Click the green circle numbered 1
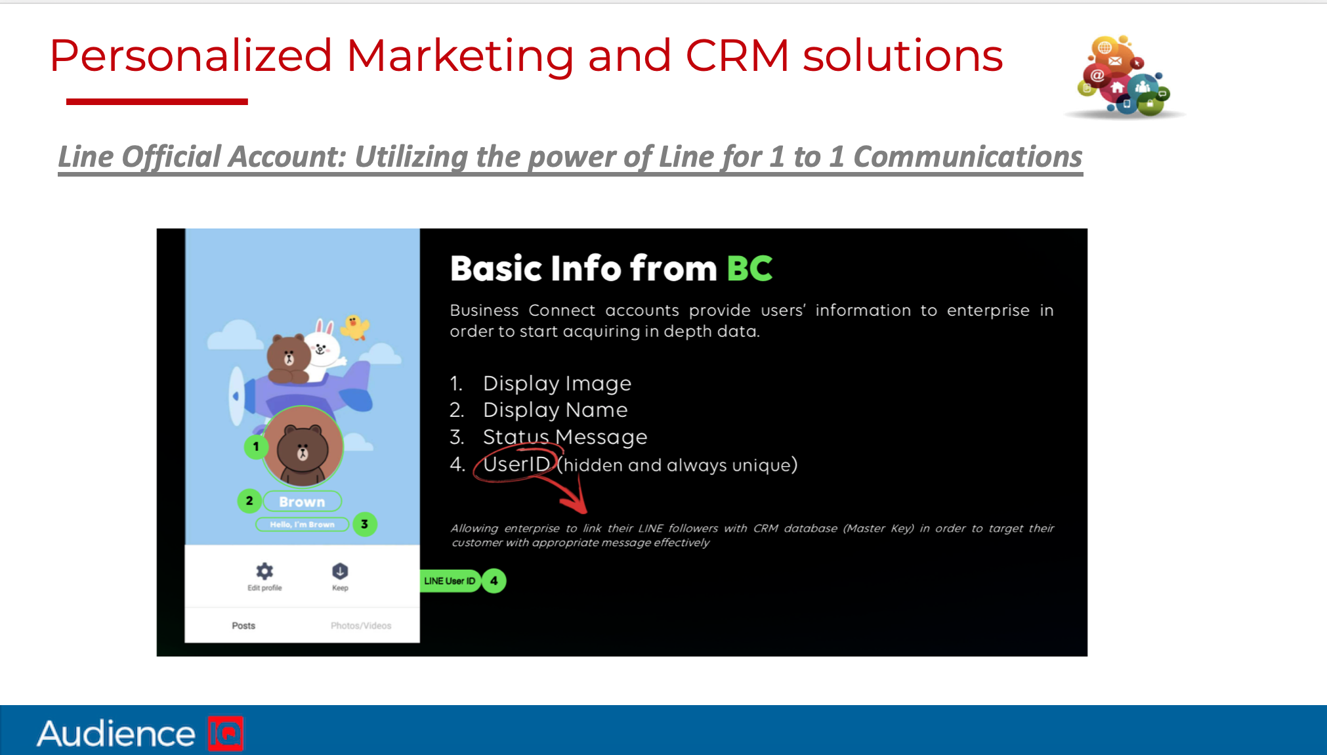pos(256,446)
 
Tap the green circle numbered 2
pos(249,501)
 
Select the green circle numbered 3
pos(365,524)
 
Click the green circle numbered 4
pos(494,581)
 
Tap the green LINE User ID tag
pos(450,581)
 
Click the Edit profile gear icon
pos(264,571)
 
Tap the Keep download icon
pos(340,571)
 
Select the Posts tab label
pos(243,626)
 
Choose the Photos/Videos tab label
pos(361,626)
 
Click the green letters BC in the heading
pos(749,269)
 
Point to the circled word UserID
pos(516,464)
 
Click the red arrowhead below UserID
pos(576,504)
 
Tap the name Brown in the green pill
pos(302,502)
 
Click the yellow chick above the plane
pos(356,326)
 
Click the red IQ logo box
pos(226,733)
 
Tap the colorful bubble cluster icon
pos(1124,77)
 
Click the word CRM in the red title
pos(737,56)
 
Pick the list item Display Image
pos(557,383)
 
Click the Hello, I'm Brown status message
pos(302,525)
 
